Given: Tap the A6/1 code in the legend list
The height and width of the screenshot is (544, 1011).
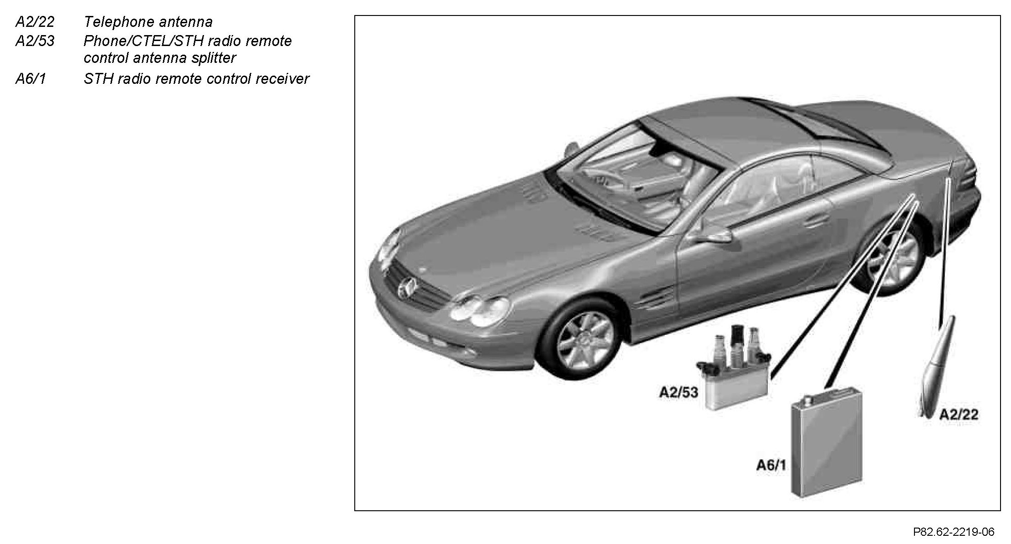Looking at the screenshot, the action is [x=31, y=79].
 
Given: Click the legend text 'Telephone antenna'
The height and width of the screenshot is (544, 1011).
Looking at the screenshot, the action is [x=148, y=22].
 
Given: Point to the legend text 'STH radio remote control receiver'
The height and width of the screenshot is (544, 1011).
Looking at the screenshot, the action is [x=196, y=79].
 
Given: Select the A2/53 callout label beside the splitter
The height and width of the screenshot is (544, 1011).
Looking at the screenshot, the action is [x=678, y=392].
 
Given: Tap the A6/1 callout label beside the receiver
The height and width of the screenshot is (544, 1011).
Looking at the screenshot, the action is [x=771, y=465].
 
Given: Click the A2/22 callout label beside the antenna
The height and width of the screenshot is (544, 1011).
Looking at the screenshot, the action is [x=959, y=414].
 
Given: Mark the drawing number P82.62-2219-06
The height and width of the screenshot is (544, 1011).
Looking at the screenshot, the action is [x=954, y=532].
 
